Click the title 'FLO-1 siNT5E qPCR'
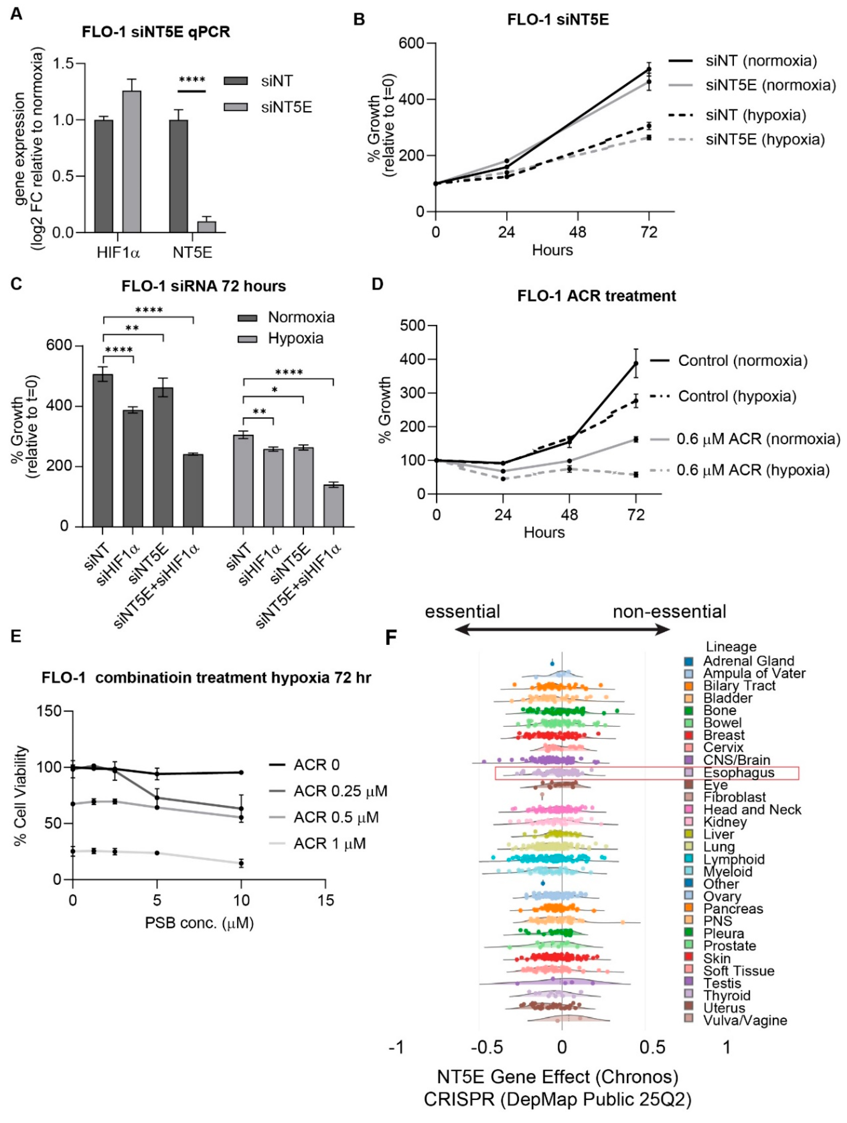tap(156, 32)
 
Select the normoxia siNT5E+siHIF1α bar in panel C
tap(193, 490)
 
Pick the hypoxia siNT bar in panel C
tap(243, 480)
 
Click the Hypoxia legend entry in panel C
tap(295, 338)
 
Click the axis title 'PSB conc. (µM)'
tap(199, 922)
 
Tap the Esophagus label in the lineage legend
tap(739, 773)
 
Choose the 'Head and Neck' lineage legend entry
tap(752, 810)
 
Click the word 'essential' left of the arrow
tap(462, 611)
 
